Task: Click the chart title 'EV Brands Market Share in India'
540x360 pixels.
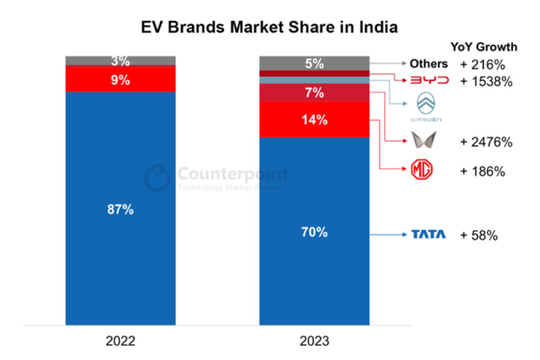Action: [269, 27]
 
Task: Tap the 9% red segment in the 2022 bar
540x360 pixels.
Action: [121, 79]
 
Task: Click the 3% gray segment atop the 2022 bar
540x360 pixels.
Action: [121, 61]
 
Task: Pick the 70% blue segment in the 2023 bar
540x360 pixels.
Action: [314, 232]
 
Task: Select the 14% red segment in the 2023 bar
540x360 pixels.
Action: [314, 119]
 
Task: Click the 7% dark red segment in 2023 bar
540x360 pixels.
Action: [314, 92]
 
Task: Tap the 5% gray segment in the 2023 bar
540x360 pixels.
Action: [314, 63]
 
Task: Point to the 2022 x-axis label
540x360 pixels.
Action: [121, 341]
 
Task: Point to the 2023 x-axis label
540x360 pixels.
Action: [314, 341]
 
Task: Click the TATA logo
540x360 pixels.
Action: [428, 235]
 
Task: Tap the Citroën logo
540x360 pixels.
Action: [428, 107]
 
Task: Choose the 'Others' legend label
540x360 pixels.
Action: [428, 64]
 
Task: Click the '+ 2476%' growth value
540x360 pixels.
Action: [486, 142]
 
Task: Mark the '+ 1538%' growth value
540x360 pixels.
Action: [486, 82]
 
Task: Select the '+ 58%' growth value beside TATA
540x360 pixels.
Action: [479, 235]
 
